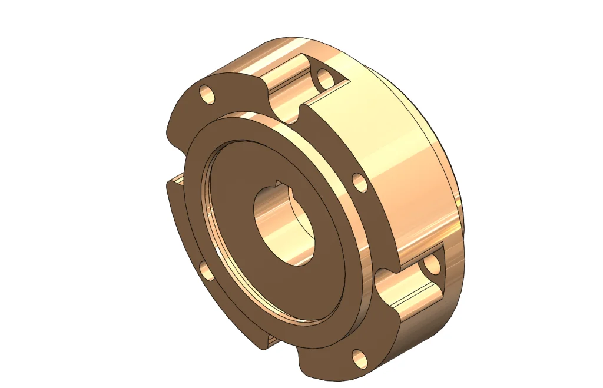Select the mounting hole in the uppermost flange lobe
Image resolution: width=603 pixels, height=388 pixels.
coord(206,93)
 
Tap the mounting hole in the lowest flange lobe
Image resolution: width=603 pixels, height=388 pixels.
coord(359,357)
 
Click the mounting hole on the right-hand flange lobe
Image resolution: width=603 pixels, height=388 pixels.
coord(360,183)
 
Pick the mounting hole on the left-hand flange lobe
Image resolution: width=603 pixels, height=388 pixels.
coord(206,270)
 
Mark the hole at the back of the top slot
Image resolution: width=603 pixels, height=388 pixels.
coord(325,78)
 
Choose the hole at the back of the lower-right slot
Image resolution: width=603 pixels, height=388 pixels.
coord(433,266)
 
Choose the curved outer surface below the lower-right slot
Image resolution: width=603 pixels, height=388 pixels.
coord(424,330)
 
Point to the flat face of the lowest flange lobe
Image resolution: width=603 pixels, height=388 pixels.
coord(336,359)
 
